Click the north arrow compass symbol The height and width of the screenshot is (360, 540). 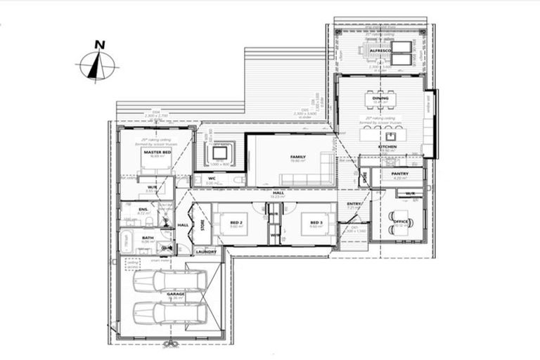[99, 64]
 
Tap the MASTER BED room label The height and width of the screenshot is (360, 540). [157, 152]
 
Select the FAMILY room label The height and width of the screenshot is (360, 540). [288, 157]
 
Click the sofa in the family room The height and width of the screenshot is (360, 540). [326, 167]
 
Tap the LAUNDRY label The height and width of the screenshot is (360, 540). [205, 251]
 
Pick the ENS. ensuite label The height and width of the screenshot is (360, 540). [143, 209]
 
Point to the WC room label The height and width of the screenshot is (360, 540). [212, 179]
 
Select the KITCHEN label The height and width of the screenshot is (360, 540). [387, 146]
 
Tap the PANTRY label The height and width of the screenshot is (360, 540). [400, 174]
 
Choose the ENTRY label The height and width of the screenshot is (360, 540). [354, 204]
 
